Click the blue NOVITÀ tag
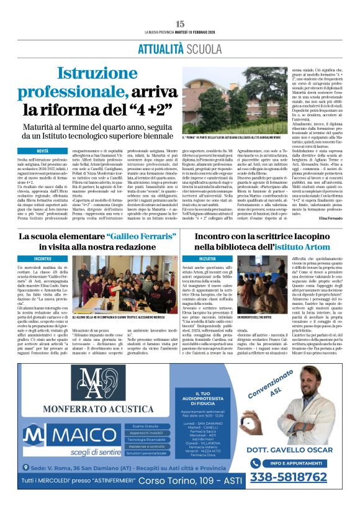point(42,151)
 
